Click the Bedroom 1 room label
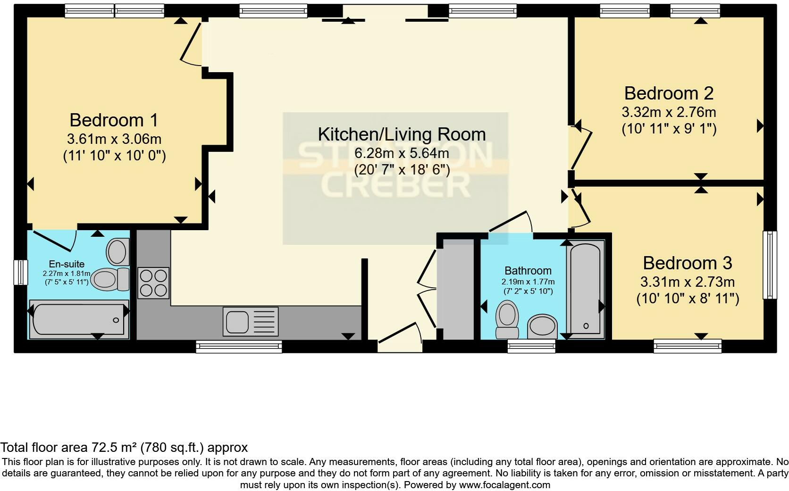click(113, 120)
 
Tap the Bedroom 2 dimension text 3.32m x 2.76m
click(669, 112)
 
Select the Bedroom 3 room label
click(687, 263)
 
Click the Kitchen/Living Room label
click(402, 134)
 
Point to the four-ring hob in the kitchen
click(153, 283)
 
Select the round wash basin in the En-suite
click(118, 252)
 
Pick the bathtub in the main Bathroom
click(586, 289)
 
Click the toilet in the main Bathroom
click(507, 318)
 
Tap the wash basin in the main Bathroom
click(542, 326)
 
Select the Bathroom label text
click(528, 271)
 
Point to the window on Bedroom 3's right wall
click(770, 265)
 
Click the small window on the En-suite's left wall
click(20, 272)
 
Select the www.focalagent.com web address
click(504, 484)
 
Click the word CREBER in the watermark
click(395, 185)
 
